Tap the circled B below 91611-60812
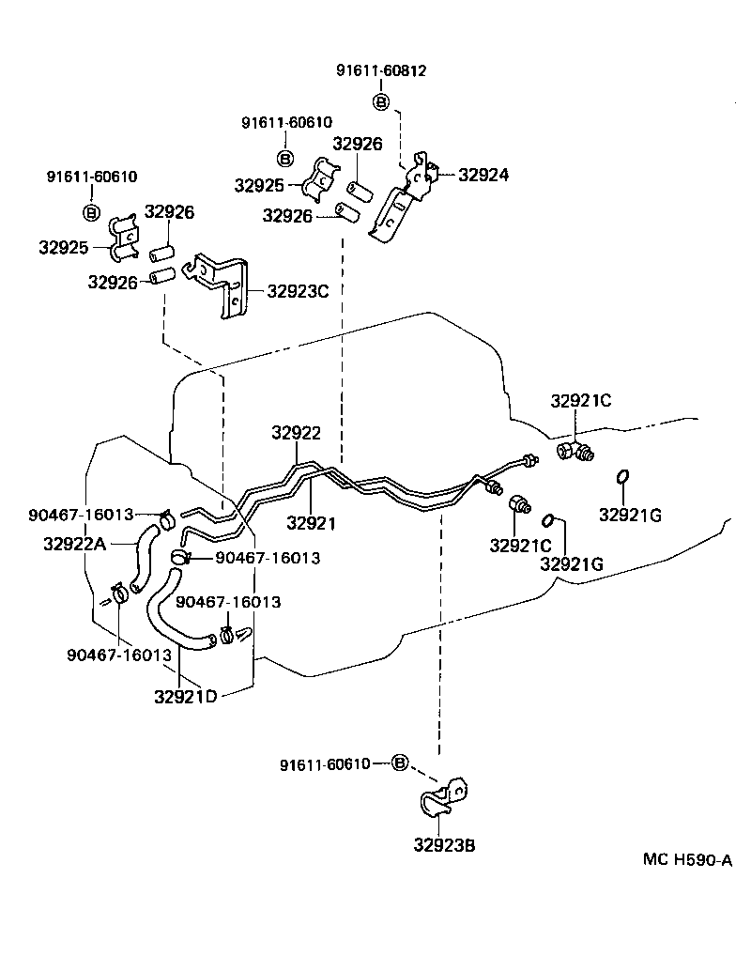[380, 100]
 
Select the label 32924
[483, 175]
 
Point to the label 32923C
[298, 291]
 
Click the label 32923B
[444, 845]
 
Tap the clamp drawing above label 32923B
[442, 798]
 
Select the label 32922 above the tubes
[297, 434]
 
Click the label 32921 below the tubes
[311, 523]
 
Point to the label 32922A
[75, 542]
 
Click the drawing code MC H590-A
[687, 859]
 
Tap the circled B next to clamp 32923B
[399, 763]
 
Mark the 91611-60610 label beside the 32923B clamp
[325, 764]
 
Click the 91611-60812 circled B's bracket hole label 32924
[483, 175]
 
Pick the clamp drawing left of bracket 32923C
[123, 239]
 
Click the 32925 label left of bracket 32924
[259, 185]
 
